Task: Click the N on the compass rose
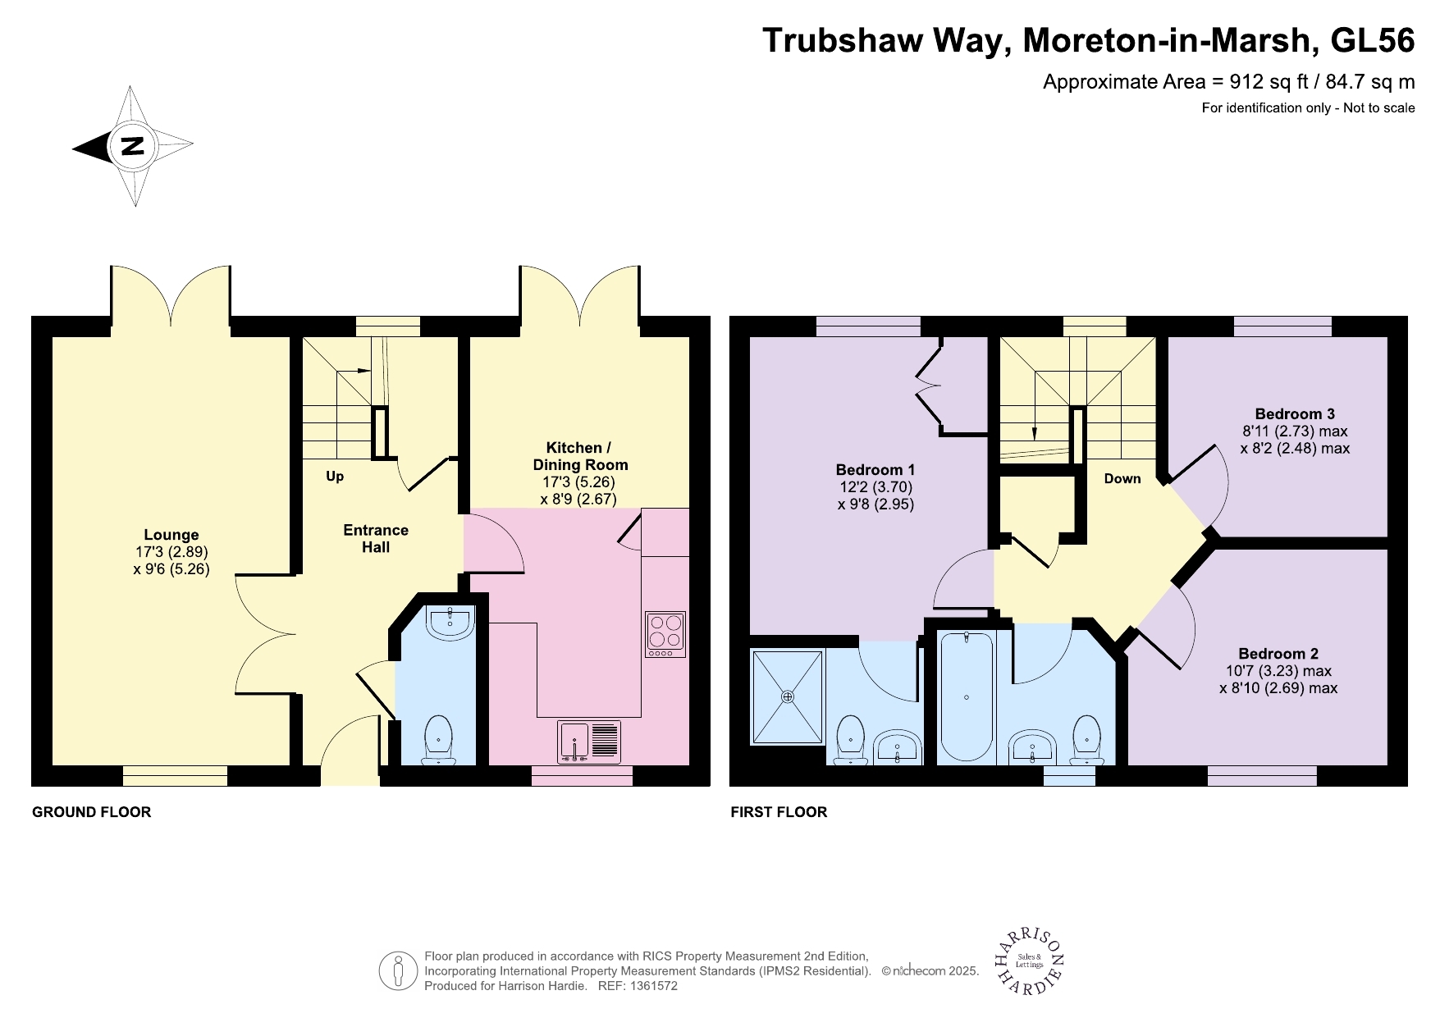(133, 146)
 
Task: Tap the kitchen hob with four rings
(665, 633)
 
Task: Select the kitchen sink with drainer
(589, 741)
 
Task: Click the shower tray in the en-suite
(787, 697)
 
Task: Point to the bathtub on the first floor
(966, 696)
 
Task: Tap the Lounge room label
(171, 535)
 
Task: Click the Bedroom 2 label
(1278, 654)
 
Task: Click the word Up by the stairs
(335, 477)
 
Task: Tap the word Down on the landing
(1122, 479)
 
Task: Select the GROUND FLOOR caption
(91, 812)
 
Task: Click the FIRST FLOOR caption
(779, 812)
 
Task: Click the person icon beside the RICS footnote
(399, 971)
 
